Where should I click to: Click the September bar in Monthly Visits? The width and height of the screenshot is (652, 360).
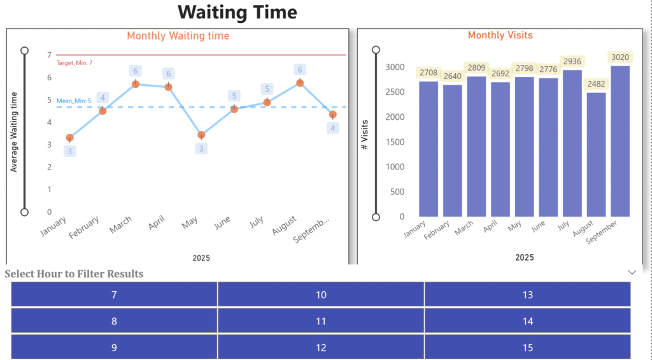(x=620, y=141)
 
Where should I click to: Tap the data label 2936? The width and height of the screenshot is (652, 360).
(x=572, y=61)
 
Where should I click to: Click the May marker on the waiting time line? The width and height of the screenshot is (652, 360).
(x=201, y=135)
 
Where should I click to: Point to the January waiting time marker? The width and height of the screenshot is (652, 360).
(x=70, y=138)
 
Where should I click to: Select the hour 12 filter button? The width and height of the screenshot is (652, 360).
(x=321, y=347)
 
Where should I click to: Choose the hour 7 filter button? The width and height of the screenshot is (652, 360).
(x=114, y=294)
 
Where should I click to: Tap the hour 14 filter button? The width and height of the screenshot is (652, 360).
(x=527, y=321)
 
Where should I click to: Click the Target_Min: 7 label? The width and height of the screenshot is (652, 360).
(x=74, y=63)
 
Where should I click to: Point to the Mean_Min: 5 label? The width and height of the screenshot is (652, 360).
(x=74, y=101)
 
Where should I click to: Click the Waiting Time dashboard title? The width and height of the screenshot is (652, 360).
(x=237, y=12)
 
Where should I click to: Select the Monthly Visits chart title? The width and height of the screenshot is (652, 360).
(x=500, y=35)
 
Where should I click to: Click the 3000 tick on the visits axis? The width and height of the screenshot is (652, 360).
(x=395, y=67)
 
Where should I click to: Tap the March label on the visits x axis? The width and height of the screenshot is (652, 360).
(x=464, y=227)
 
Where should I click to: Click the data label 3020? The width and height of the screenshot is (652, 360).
(x=620, y=57)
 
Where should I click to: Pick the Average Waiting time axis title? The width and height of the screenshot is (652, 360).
(x=13, y=131)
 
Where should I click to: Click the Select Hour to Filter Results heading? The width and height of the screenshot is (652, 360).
(x=74, y=274)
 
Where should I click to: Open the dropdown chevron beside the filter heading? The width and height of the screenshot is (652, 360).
(x=632, y=272)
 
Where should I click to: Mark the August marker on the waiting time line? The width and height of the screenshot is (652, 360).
(x=300, y=83)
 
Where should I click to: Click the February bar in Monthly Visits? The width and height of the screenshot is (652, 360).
(x=452, y=150)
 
